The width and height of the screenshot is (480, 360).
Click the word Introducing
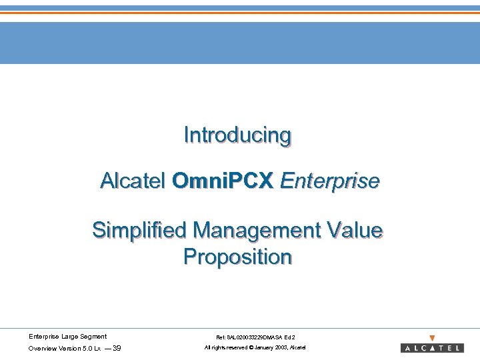pos(238,135)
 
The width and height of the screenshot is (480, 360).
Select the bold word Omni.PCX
pos(223,181)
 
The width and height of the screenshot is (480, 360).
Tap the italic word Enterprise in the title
pos(330,181)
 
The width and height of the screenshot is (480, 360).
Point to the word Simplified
pos(139,231)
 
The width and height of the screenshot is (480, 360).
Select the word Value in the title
pos(357,231)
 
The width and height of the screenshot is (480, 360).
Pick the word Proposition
pos(238,257)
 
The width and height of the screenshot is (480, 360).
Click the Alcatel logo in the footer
pos(432,348)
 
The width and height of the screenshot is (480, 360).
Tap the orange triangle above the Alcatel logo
pos(432,338)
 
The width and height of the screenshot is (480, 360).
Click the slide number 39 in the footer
pos(117,348)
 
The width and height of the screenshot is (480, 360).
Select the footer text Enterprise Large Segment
pos(67,337)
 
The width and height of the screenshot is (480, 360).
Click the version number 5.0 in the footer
pos(87,348)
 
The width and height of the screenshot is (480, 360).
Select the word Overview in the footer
pos(42,348)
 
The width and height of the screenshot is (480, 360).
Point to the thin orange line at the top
pos(240,12)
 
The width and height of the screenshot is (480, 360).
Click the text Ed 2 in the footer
pos(291,337)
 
